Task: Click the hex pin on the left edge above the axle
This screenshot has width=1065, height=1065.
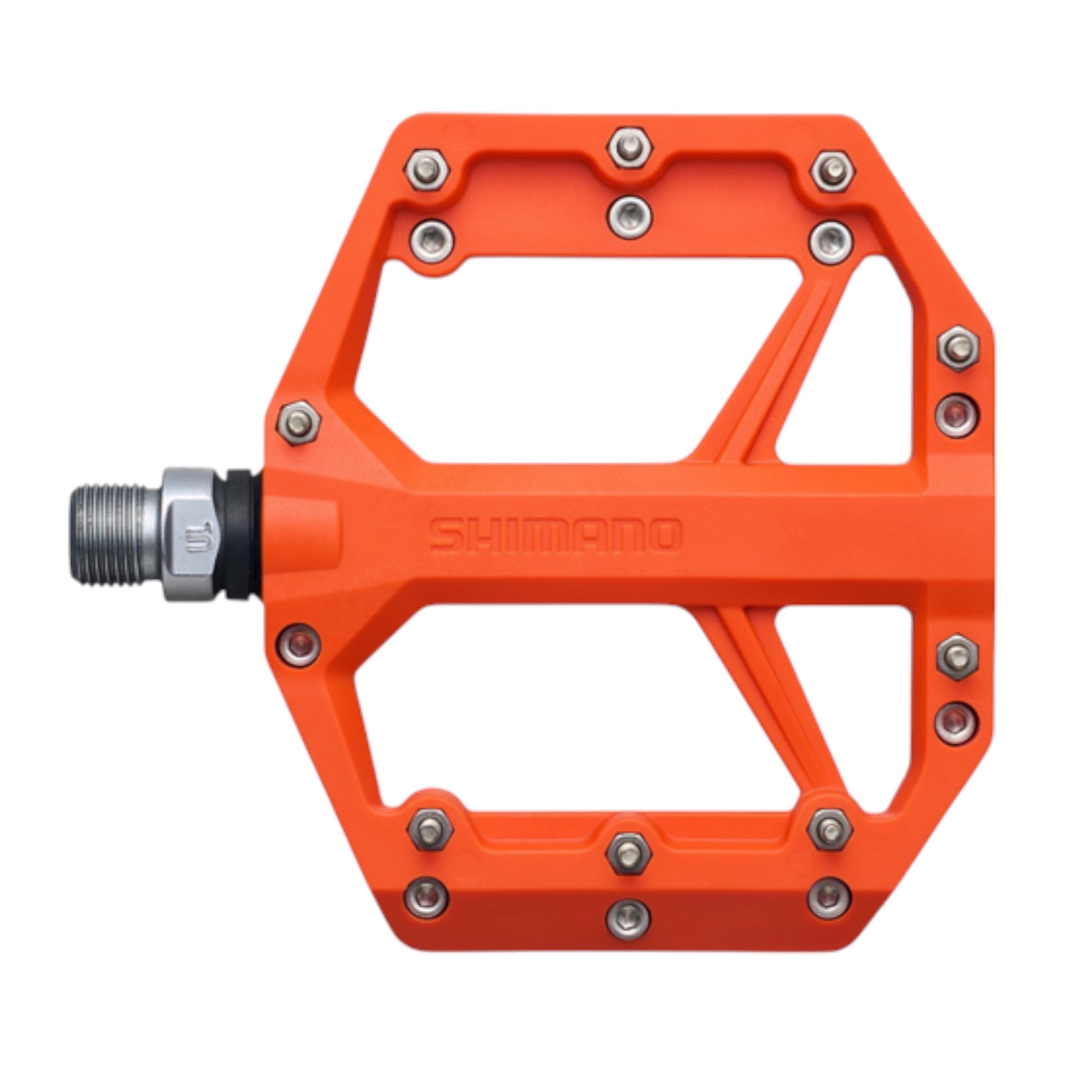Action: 299,422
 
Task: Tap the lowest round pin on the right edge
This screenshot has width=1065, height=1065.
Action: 957,721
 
